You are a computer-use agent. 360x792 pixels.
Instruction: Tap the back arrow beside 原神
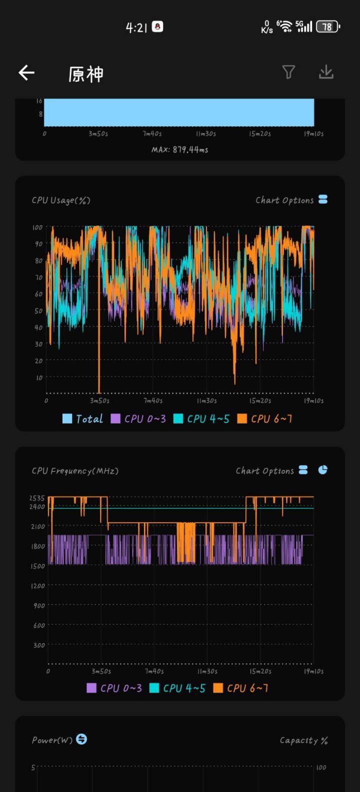click(x=26, y=73)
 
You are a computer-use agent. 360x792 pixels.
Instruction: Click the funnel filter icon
click(x=288, y=72)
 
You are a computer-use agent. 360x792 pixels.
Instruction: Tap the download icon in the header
click(x=326, y=72)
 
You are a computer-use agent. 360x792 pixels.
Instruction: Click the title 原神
click(x=86, y=74)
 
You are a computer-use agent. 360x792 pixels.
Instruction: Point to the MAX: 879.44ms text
click(x=180, y=149)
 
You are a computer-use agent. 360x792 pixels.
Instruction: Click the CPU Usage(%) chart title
click(x=61, y=200)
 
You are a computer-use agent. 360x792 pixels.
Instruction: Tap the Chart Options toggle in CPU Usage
click(x=323, y=199)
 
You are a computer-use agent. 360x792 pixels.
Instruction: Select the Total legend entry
click(x=83, y=419)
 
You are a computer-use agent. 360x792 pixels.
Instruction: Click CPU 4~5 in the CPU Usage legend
click(x=201, y=419)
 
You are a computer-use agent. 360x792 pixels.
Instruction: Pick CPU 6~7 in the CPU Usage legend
click(x=265, y=419)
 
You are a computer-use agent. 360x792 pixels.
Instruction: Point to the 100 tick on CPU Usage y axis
click(x=37, y=227)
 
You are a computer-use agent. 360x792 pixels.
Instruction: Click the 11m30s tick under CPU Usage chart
click(x=206, y=400)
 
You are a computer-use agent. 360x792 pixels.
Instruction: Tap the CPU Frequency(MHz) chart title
click(x=75, y=471)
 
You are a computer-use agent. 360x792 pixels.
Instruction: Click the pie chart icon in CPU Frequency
click(x=323, y=470)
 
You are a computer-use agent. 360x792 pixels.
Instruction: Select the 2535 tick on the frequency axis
click(x=37, y=498)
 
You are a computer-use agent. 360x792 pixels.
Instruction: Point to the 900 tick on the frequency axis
click(x=39, y=605)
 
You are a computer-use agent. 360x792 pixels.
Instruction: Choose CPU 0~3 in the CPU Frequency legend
click(x=114, y=688)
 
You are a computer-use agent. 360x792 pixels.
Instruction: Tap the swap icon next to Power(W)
click(x=81, y=739)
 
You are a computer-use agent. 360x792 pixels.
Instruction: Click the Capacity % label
click(x=303, y=740)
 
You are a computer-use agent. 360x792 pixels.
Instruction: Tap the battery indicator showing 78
click(x=327, y=26)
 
